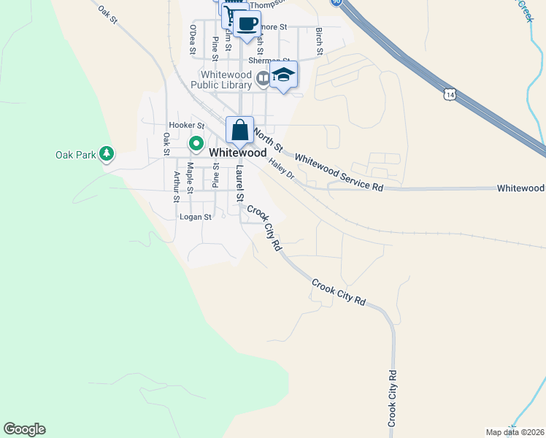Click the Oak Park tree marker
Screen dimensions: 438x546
click(x=107, y=154)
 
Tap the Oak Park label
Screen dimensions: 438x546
click(x=75, y=155)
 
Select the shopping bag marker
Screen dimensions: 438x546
click(x=239, y=131)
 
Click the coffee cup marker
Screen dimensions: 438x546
click(x=247, y=24)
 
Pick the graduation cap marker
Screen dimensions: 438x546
click(x=283, y=75)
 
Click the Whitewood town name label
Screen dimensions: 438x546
click(x=237, y=153)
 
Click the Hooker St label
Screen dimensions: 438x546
click(x=186, y=126)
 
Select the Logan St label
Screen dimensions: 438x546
click(x=196, y=217)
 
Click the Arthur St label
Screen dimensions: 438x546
click(x=176, y=186)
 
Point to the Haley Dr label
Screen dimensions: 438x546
click(x=280, y=172)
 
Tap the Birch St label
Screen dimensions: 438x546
click(x=319, y=40)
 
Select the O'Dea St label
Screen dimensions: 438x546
click(x=193, y=38)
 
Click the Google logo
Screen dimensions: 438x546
click(x=24, y=429)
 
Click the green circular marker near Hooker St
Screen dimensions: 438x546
click(x=196, y=144)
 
